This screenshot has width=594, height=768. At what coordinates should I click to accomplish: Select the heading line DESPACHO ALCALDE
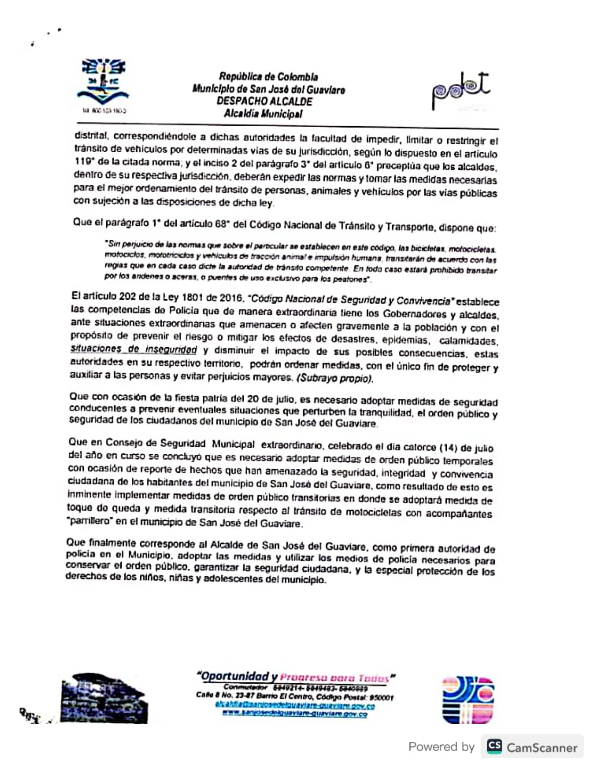click(265, 101)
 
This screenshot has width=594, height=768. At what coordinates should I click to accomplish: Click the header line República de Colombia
click(269, 77)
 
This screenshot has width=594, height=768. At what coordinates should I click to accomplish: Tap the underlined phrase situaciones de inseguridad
click(133, 349)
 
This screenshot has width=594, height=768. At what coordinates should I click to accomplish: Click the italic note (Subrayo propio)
click(335, 378)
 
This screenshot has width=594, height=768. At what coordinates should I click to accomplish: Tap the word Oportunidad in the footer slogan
click(234, 676)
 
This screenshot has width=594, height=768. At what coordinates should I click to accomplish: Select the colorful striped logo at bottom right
click(468, 700)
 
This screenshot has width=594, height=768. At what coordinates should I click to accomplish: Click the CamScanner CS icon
click(494, 747)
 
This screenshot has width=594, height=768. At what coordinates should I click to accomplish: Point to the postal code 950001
click(382, 698)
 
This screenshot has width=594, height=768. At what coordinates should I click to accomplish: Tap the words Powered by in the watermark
click(441, 747)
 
